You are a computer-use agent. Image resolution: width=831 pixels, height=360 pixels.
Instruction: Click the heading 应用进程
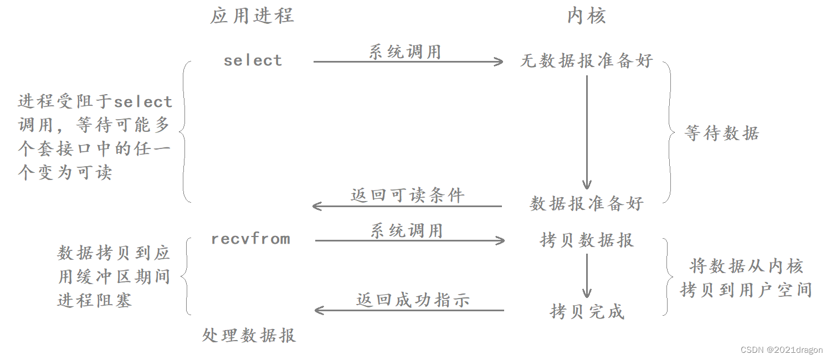252,16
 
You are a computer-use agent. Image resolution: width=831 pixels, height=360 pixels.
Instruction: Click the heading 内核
587,16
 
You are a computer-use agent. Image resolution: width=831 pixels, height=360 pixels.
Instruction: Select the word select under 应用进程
253,60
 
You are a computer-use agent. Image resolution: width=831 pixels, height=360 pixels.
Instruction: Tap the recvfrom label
250,239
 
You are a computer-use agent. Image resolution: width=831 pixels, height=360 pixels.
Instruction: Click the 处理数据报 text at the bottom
249,335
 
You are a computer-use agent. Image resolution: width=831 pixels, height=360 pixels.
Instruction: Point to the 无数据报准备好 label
587,61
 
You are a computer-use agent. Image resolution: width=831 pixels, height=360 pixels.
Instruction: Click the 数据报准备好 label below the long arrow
587,203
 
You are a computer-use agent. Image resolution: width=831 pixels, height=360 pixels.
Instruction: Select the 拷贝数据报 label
587,240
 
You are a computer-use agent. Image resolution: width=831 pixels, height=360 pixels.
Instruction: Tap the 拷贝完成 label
587,311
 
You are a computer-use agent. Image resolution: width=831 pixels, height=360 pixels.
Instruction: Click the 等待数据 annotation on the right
721,133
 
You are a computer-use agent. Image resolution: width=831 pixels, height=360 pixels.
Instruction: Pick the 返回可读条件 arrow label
407,195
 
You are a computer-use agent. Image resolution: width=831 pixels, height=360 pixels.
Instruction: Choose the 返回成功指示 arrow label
413,300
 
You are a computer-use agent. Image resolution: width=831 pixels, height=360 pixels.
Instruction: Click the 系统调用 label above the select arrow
405,52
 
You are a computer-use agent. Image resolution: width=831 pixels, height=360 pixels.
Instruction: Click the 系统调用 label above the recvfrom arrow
407,230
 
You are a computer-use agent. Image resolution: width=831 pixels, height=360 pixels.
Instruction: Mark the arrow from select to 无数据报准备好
408,62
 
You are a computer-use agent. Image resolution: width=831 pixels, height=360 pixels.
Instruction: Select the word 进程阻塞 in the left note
95,301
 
